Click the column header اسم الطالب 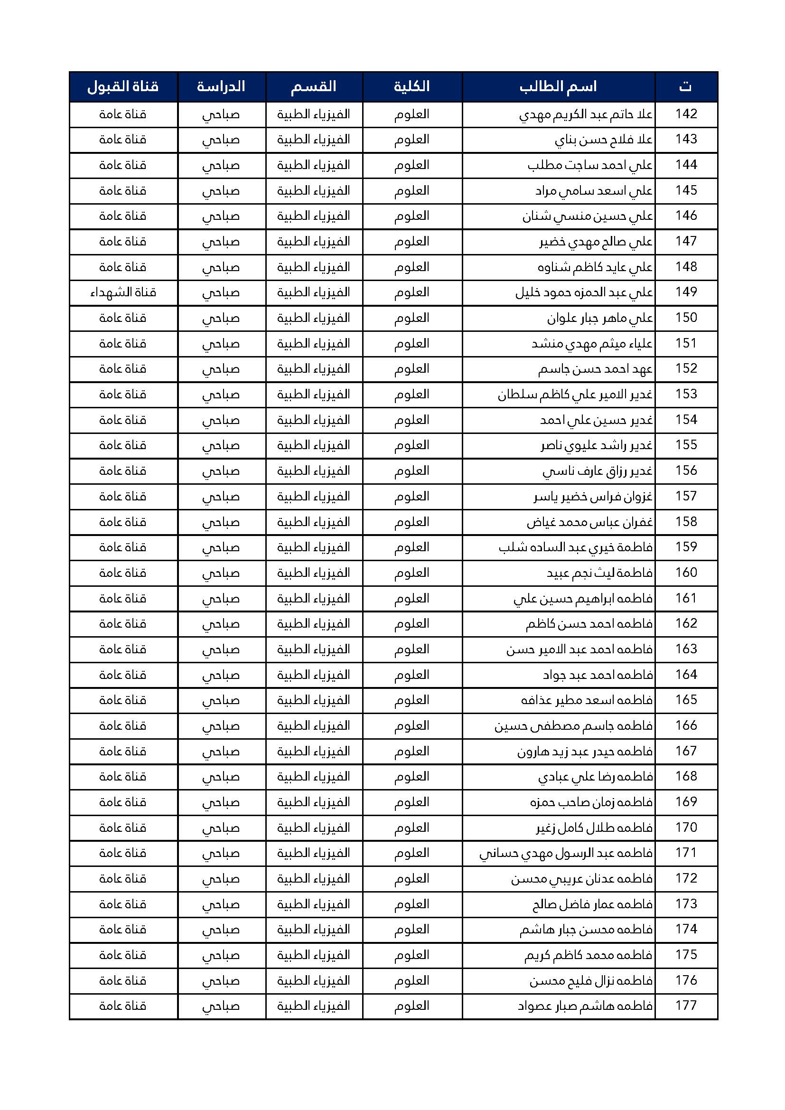coord(558,87)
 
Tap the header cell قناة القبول coord(123,87)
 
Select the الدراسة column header coord(221,87)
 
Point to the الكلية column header coord(412,87)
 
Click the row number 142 coord(686,114)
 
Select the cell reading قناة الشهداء coord(123,292)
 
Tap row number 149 coord(686,292)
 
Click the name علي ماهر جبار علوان coord(600,318)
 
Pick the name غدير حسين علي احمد coord(597,420)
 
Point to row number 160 coord(686,573)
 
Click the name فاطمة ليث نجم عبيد coord(600,573)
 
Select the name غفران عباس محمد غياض coord(590,522)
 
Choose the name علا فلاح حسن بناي coord(604,140)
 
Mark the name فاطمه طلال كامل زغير coord(595,828)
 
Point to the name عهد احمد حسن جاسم coord(596,369)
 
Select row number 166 coord(686,725)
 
